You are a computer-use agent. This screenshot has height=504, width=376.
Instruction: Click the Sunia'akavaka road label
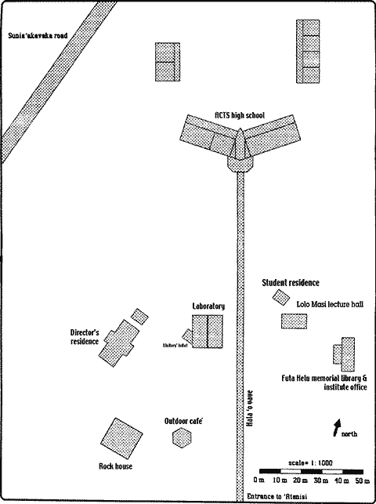tap(36, 35)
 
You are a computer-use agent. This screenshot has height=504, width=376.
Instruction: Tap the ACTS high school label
tap(240, 115)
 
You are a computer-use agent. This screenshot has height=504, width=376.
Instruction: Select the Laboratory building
tap(209, 331)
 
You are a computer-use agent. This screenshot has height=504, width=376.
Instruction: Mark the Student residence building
tap(280, 296)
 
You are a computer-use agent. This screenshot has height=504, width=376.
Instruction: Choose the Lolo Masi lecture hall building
tap(295, 321)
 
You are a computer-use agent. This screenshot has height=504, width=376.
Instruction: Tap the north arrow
tap(338, 427)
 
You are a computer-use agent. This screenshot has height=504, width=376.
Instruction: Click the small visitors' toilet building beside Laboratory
tap(188, 335)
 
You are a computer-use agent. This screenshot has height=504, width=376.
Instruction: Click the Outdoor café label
tap(184, 421)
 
